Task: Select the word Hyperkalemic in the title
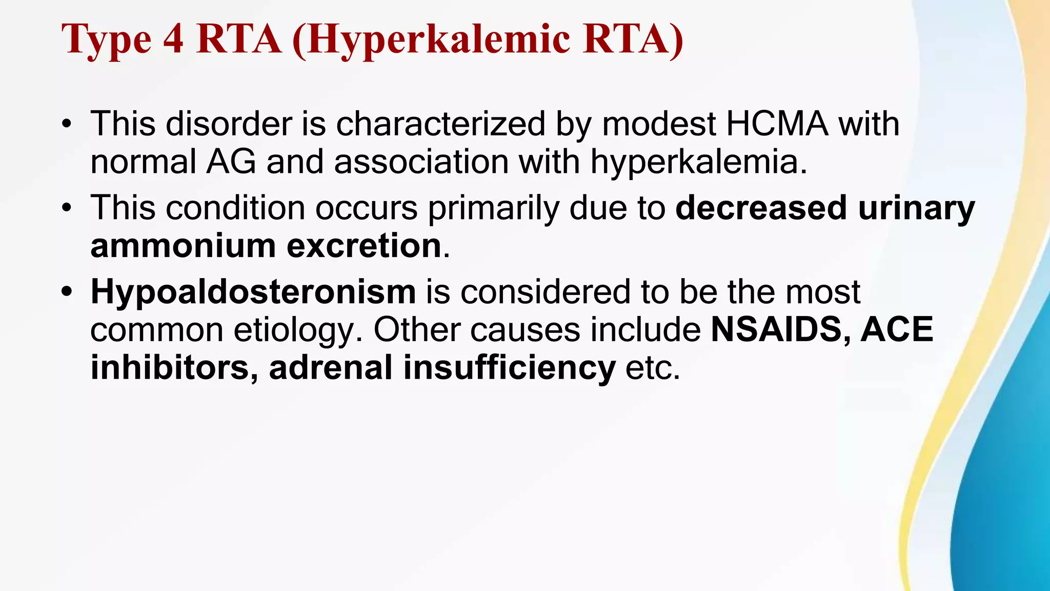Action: point(439,40)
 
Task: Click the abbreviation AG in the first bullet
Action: point(231,162)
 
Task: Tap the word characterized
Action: point(440,124)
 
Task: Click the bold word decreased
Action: point(761,208)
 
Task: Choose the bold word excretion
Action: point(364,246)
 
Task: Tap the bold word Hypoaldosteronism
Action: point(253,292)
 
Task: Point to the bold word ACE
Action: point(897,329)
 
